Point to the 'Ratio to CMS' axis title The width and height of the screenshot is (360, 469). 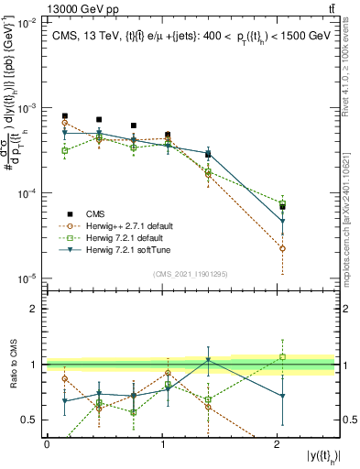(x=14, y=365)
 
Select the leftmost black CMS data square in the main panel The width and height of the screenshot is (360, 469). (x=64, y=116)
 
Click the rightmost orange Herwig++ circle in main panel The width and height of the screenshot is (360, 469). (x=282, y=248)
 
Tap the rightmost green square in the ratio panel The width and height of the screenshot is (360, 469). (x=282, y=357)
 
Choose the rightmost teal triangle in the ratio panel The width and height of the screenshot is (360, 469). (x=282, y=397)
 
